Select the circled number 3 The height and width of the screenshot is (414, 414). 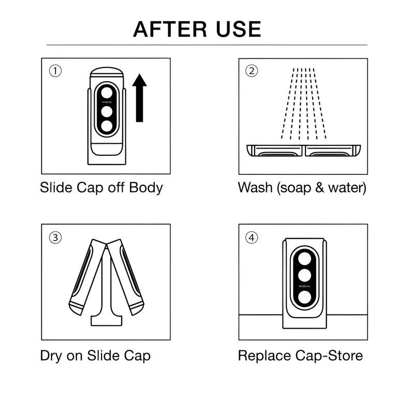55,238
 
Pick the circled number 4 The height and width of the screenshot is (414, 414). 252,238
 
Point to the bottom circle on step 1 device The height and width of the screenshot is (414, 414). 107,126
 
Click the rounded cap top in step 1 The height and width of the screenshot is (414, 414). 107,73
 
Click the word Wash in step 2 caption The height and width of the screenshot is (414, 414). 255,187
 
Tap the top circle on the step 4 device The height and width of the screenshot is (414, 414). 303,258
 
